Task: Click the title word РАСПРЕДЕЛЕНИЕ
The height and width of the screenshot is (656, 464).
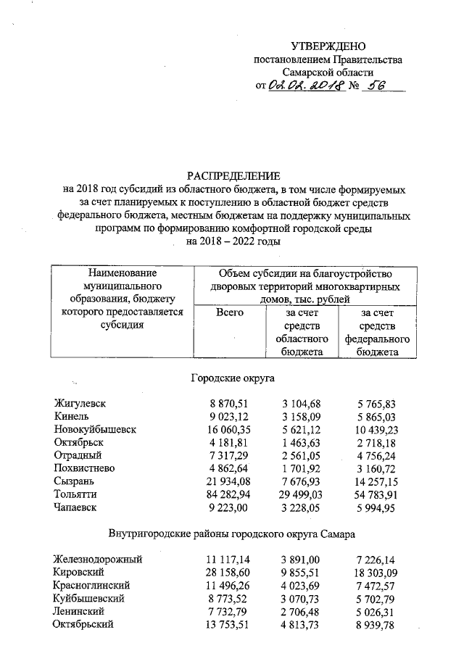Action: click(233, 176)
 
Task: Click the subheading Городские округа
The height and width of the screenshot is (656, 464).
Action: click(233, 378)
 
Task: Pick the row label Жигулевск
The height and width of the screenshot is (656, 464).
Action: click(80, 403)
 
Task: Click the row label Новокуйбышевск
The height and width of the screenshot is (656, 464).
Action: click(95, 429)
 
